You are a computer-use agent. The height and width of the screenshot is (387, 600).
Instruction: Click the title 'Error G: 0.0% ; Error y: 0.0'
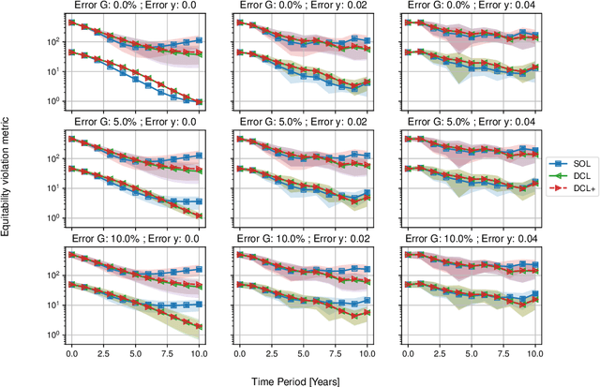(130, 6)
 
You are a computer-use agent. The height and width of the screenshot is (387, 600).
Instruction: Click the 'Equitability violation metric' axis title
(7, 177)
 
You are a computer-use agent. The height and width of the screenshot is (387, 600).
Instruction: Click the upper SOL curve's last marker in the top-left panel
(188, 41)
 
